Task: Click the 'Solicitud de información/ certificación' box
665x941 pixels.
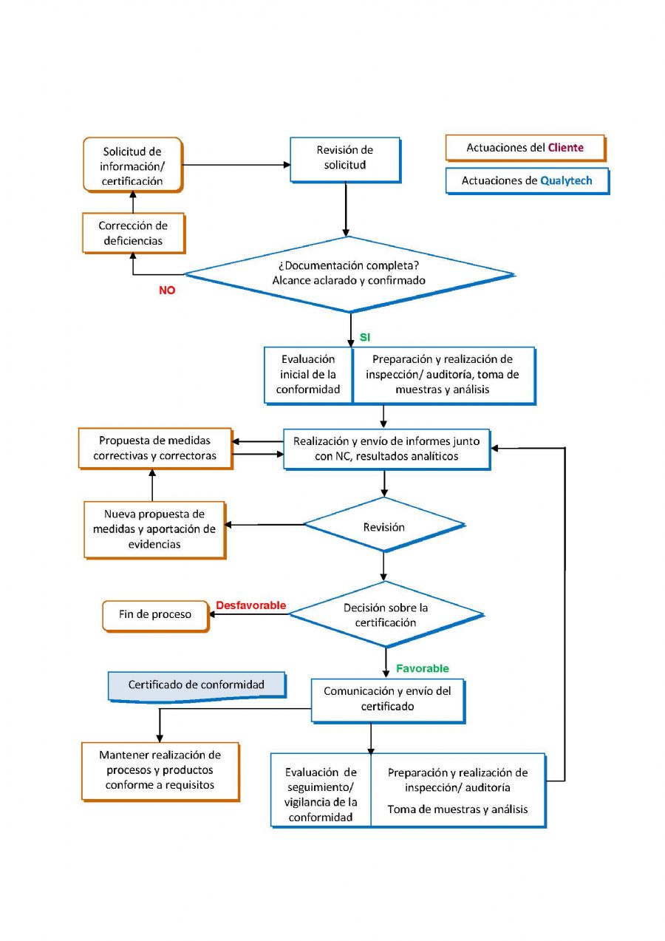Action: (133, 165)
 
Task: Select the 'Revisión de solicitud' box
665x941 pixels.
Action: (345, 160)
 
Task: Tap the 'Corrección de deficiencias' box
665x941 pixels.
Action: (134, 233)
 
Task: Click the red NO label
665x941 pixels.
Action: (167, 291)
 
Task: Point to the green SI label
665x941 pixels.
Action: (365, 337)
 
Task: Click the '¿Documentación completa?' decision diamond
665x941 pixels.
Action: (349, 274)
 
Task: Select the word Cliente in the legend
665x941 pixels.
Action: (565, 147)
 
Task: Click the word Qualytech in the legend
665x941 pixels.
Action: (566, 180)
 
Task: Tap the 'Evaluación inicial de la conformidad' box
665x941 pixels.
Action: (308, 374)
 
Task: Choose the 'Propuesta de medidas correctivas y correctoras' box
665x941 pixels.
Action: (155, 448)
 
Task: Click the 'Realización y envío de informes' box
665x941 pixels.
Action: (386, 449)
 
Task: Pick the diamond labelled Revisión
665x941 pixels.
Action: (384, 525)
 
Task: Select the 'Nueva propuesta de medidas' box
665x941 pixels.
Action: (154, 529)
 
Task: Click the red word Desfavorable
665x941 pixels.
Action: (251, 605)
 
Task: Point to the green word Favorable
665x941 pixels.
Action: (423, 668)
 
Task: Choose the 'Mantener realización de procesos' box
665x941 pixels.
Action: (160, 771)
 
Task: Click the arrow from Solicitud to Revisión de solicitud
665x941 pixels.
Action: (236, 165)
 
